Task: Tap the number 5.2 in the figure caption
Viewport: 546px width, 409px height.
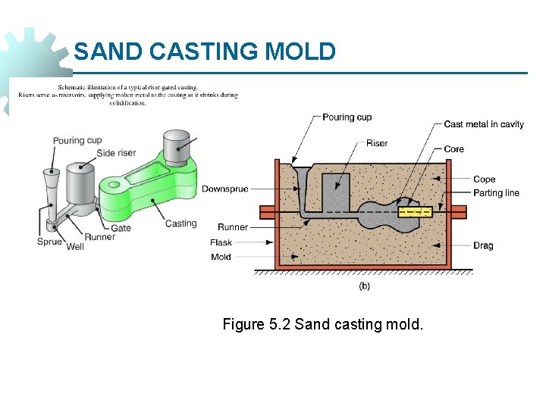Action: (x=278, y=325)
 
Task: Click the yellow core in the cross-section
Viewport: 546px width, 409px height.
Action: (x=415, y=212)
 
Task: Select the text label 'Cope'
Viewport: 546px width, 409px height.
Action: (x=484, y=180)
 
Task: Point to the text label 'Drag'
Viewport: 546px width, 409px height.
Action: (x=483, y=245)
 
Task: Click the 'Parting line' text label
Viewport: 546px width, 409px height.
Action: (x=496, y=192)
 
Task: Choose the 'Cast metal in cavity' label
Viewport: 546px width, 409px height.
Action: (x=483, y=124)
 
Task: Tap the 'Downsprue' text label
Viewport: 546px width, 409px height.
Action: (x=224, y=189)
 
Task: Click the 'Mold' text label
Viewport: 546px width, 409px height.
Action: (x=221, y=258)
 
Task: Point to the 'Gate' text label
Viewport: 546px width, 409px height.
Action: (x=121, y=227)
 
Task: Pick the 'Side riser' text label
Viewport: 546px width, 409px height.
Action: (x=116, y=153)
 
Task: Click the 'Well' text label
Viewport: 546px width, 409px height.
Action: (x=75, y=247)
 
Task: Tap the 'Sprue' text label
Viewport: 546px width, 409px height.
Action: (x=49, y=242)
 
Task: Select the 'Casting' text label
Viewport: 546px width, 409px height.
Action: (x=180, y=223)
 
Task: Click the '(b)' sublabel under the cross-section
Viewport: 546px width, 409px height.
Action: (x=364, y=286)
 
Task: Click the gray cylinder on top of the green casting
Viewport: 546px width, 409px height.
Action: (x=177, y=147)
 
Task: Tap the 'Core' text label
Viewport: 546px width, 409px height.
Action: (x=453, y=149)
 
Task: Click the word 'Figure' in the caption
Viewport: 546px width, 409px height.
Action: (x=243, y=325)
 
